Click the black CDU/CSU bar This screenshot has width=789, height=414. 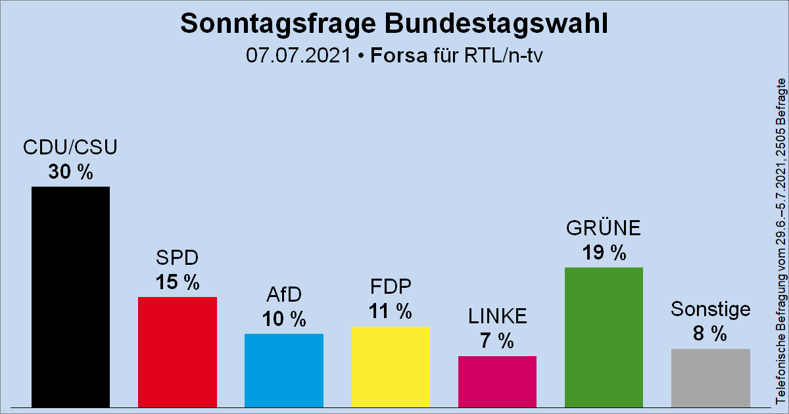click(70, 296)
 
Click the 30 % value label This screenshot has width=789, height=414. click(70, 172)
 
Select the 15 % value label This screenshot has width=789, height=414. click(178, 283)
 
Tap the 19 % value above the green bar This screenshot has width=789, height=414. click(604, 253)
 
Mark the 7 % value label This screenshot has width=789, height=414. click(497, 341)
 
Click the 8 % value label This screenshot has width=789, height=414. click(710, 334)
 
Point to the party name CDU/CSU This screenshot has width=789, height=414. click(70, 148)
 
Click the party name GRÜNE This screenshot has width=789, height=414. click(604, 229)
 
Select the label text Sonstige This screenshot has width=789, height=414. click(710, 310)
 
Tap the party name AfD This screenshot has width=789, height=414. click(283, 294)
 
